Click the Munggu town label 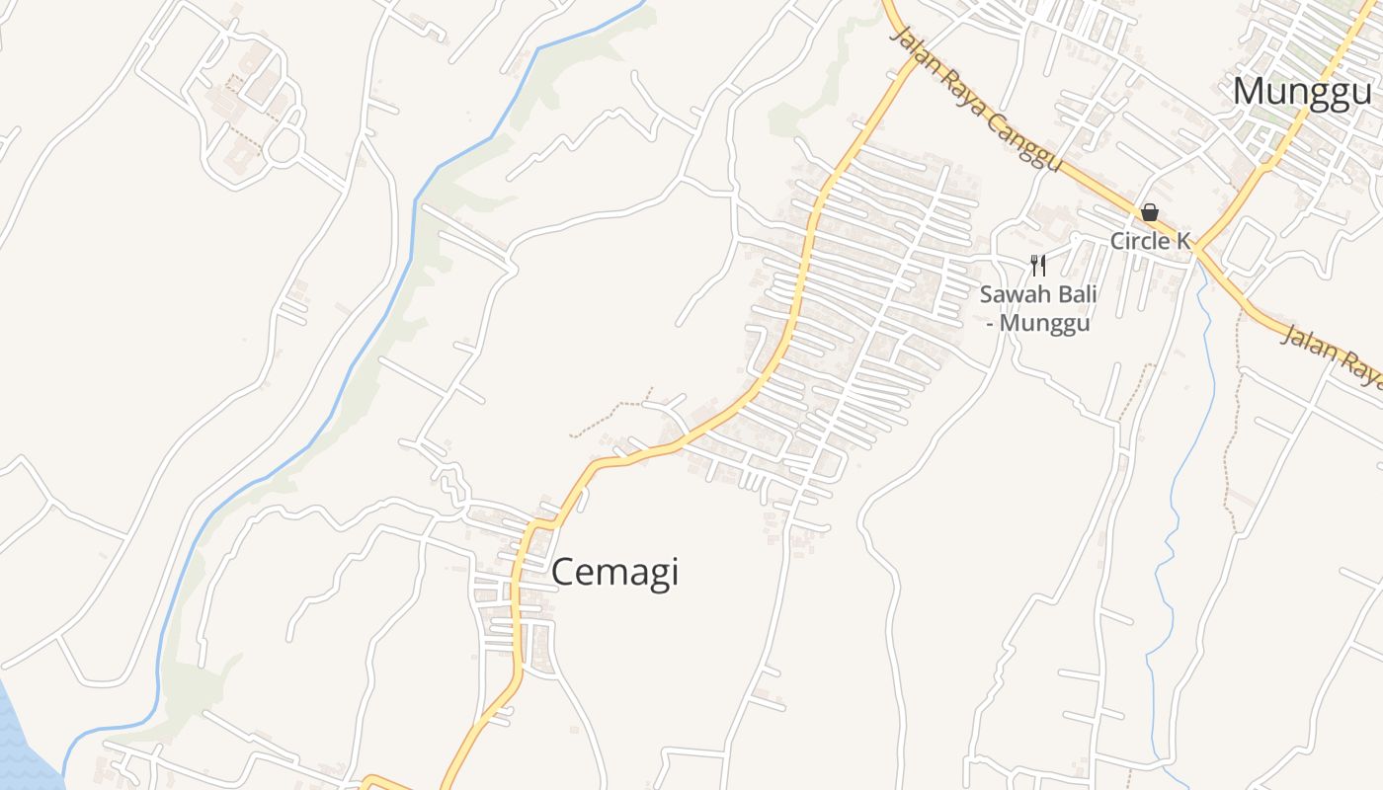click(x=1302, y=92)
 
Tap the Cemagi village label click(x=614, y=573)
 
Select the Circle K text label click(x=1150, y=241)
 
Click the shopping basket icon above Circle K click(x=1150, y=212)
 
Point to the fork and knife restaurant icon click(x=1037, y=265)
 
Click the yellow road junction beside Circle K click(x=1195, y=250)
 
